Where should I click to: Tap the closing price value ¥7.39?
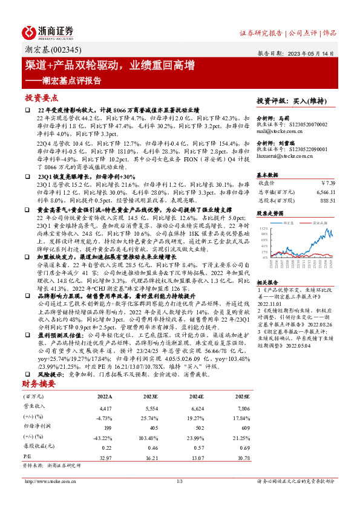327,182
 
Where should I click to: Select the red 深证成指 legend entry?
317,222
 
